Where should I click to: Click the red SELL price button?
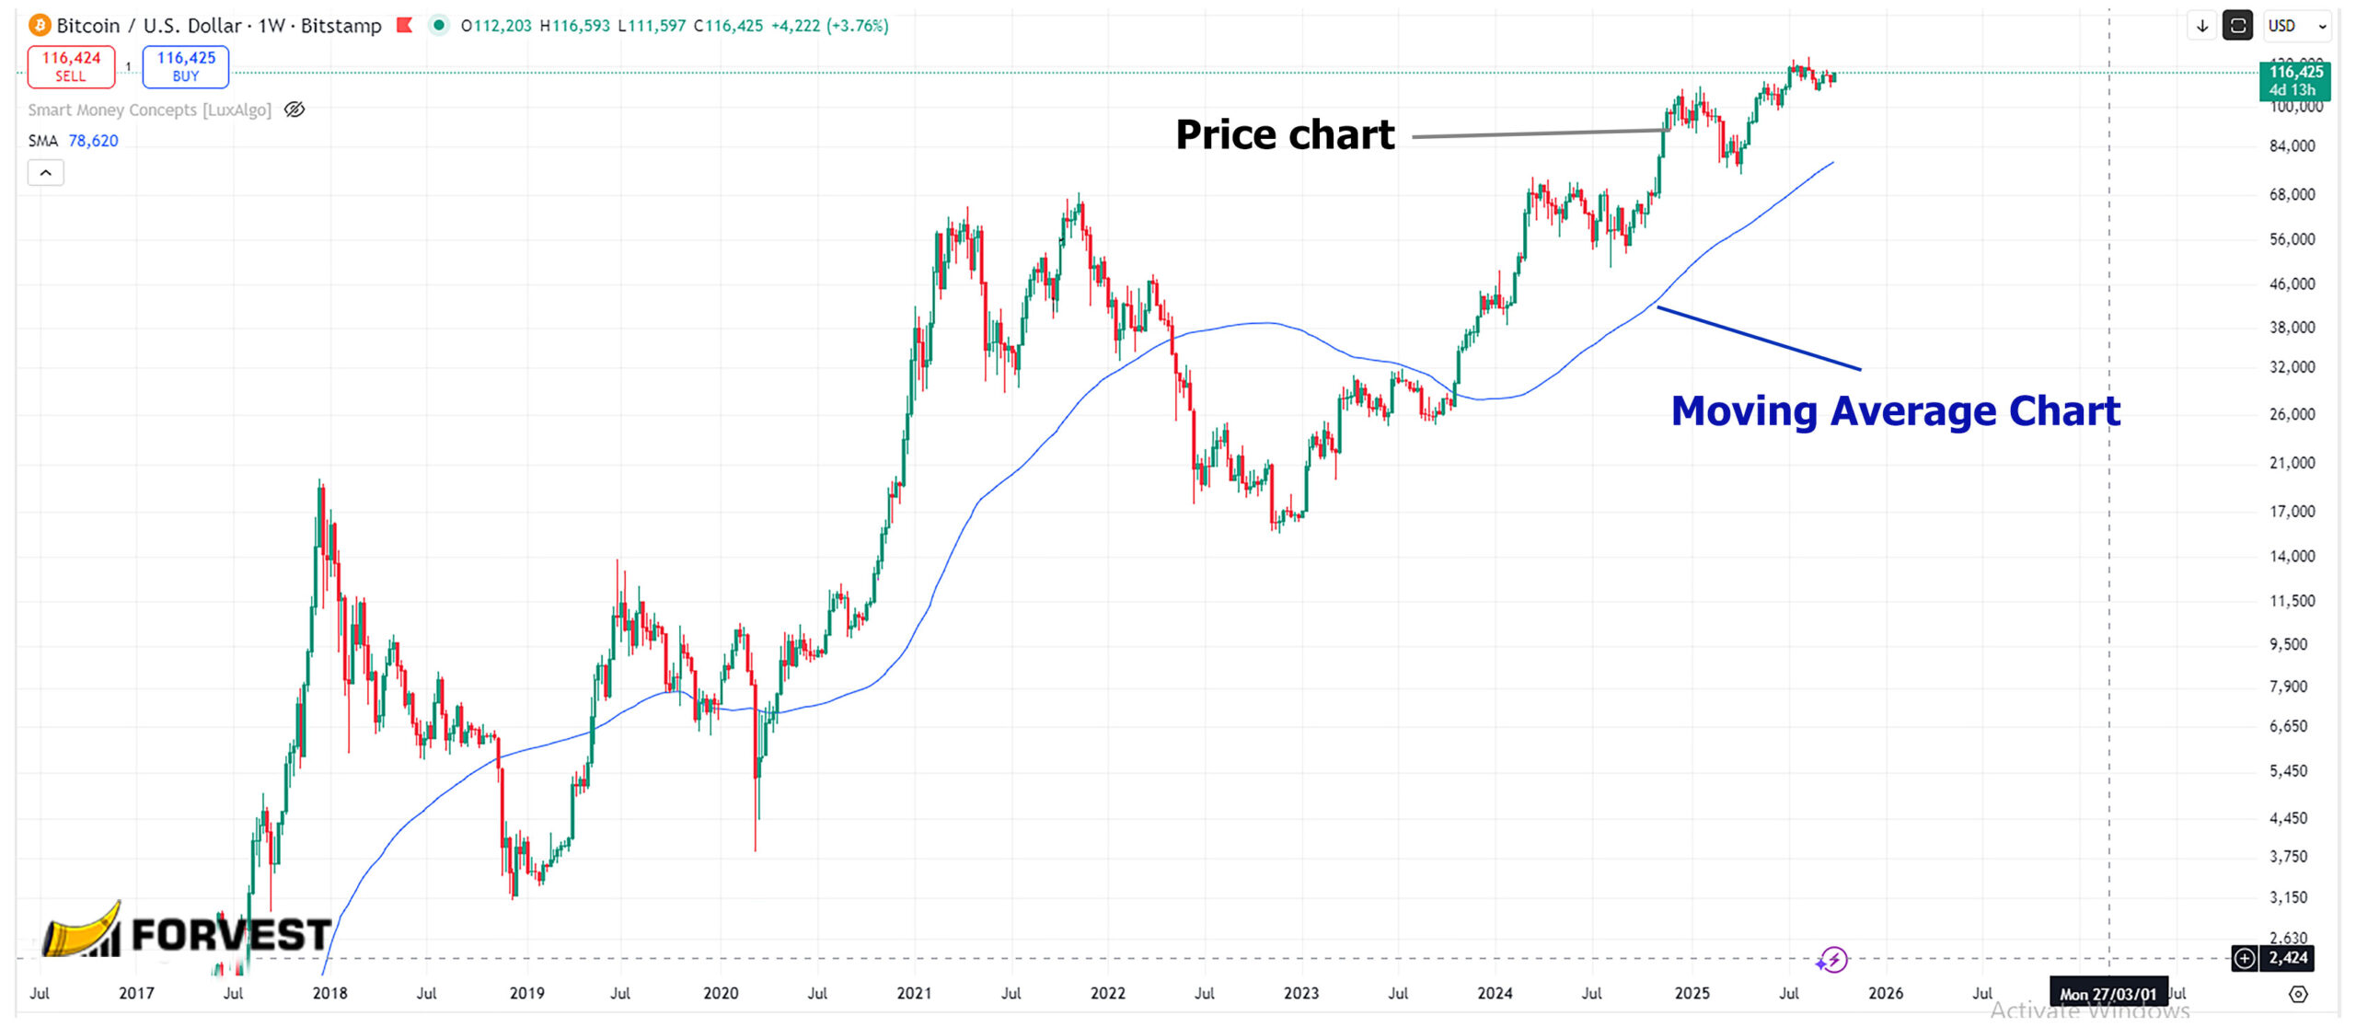coord(71,66)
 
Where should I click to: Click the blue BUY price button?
coord(186,66)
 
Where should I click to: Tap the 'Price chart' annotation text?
coord(1285,134)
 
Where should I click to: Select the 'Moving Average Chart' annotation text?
coord(1895,410)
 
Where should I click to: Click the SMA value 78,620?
coord(93,141)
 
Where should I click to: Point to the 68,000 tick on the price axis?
coord(2292,194)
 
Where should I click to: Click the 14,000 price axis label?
coord(2292,556)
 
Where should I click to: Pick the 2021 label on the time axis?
coord(914,994)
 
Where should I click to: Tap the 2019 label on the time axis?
coord(526,994)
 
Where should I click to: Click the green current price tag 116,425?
coord(2294,80)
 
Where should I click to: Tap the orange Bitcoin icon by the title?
coord(40,26)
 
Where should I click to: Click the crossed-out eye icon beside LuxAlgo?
coord(294,110)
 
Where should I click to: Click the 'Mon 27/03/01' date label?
coord(2108,994)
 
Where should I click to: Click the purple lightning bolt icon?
coord(1832,960)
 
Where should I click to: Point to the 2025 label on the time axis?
coord(1692,994)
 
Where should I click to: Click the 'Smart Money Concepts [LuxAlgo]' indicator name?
coord(149,110)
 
